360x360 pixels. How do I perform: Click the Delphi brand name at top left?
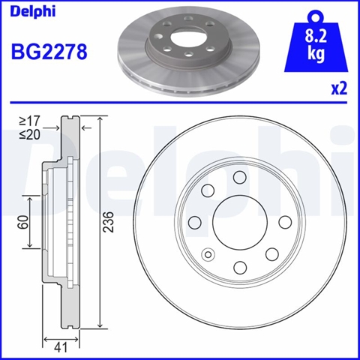32,12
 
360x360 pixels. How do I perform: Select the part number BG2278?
49,52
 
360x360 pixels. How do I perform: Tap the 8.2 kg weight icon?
316,43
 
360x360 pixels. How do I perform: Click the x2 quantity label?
339,88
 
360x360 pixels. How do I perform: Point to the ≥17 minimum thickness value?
29,121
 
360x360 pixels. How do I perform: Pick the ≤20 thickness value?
29,135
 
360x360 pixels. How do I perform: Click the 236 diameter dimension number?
109,222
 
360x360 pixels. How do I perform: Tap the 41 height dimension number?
61,348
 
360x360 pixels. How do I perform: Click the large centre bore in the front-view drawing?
239,221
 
